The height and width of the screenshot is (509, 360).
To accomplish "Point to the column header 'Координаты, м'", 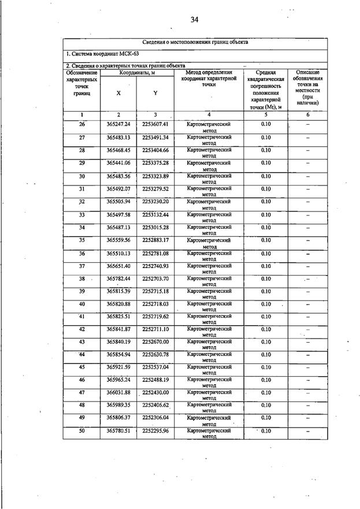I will tap(137, 72).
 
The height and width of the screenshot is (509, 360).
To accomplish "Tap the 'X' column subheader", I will tap(118, 93).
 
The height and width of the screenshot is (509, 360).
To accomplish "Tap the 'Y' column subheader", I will tap(155, 93).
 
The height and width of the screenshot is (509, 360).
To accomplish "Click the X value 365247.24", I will tap(118, 125).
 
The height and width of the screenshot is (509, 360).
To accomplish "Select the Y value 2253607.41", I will tap(155, 125).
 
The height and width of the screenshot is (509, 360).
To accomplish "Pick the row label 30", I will tap(81, 176).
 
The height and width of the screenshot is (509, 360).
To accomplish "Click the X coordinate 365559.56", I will tap(118, 240).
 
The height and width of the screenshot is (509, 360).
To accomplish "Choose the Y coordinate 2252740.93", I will tap(155, 266).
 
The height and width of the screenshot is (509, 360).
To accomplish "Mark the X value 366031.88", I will tap(118, 393).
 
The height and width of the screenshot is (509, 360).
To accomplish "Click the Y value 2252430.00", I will tap(155, 393).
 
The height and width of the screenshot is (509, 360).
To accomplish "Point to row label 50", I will tap(81, 431).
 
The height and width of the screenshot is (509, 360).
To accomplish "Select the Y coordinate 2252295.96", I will tap(155, 431).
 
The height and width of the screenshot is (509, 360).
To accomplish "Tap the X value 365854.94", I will tap(118, 354).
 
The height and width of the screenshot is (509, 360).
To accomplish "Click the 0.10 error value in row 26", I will tap(265, 125).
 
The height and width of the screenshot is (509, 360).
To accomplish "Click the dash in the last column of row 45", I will tap(307, 367).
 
